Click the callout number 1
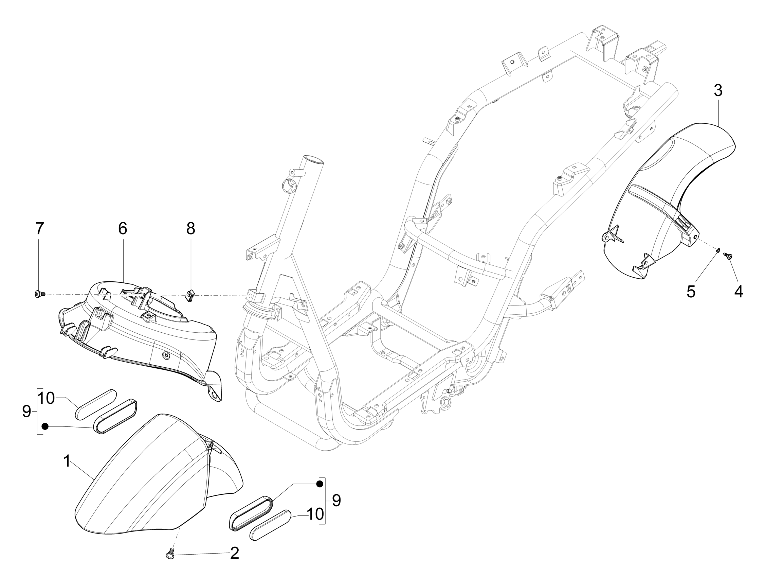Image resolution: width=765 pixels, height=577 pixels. tap(67, 461)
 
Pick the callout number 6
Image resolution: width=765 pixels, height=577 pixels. tap(123, 228)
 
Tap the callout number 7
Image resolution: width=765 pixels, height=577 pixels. tap(39, 228)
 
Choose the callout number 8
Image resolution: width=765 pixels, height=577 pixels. tap(191, 228)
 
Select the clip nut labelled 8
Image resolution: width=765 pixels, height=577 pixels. tap(190, 296)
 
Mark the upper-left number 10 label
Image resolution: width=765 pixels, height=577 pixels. tap(46, 398)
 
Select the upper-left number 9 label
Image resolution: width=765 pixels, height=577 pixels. tap(26, 412)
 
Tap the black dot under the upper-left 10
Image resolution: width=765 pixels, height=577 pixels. tap(44, 426)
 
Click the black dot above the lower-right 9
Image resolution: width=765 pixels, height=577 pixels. tap(320, 484)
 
